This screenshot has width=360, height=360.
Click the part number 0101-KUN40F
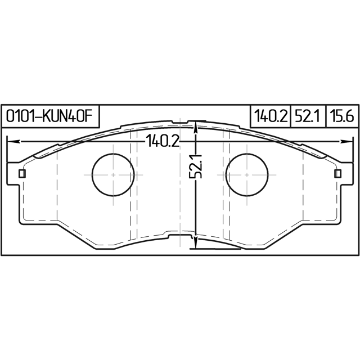(49, 116)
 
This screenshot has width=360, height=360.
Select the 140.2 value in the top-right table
(271, 116)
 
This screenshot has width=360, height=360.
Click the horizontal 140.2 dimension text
(163, 141)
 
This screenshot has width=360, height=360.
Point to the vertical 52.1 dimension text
(195, 166)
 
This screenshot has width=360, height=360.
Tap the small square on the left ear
(22, 174)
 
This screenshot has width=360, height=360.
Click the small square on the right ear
(337, 174)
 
